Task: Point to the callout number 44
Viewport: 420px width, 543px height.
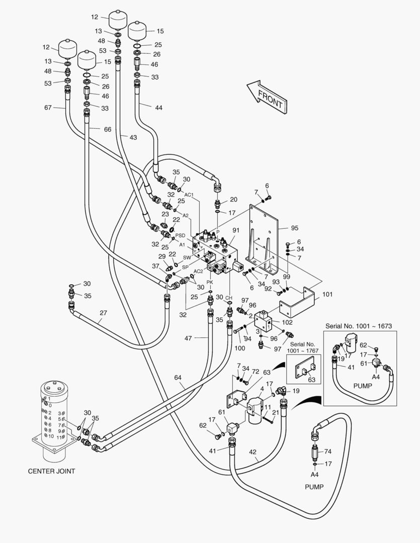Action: click(158, 107)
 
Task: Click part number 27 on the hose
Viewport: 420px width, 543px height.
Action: click(103, 313)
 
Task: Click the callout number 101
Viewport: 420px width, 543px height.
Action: click(327, 294)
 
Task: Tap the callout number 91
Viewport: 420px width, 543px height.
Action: click(235, 230)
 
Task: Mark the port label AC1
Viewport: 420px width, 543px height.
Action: click(189, 195)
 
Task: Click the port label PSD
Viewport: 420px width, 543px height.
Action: click(180, 235)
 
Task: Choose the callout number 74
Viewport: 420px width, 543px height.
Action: click(327, 452)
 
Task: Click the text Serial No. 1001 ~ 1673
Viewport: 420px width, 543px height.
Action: click(358, 326)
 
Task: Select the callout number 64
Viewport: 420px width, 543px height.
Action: click(179, 377)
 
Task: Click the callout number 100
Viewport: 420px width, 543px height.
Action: click(239, 348)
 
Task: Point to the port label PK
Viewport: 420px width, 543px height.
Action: click(210, 282)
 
